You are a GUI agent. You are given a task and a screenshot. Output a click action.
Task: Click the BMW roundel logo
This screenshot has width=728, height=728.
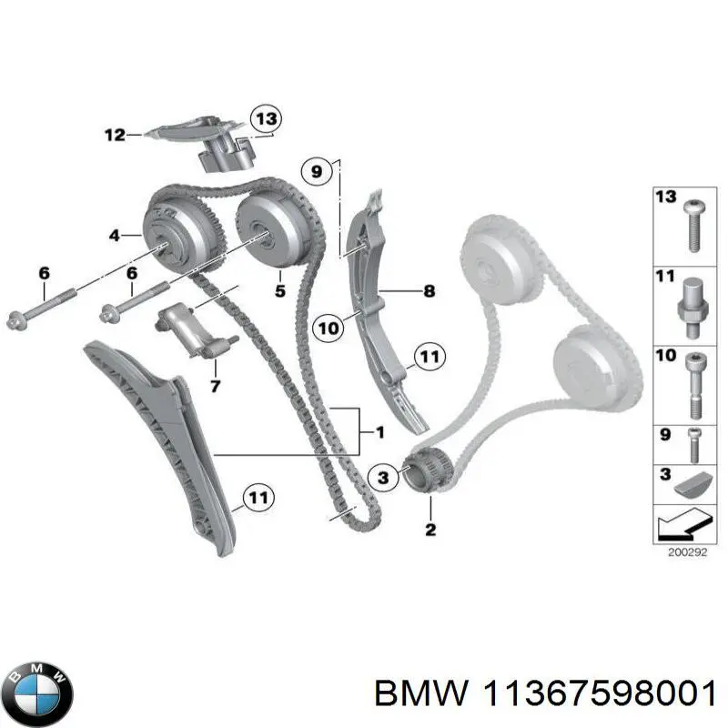click(41, 693)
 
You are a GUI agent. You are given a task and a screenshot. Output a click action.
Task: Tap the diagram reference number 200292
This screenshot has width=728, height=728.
click(687, 552)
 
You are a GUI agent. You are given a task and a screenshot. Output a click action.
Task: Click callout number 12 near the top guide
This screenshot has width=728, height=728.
click(116, 135)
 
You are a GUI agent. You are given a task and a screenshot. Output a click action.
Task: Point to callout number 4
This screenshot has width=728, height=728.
click(115, 236)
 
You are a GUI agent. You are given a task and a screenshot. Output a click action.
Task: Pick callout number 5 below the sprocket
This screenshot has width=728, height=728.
click(280, 291)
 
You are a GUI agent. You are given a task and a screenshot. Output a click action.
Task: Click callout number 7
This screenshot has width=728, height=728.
click(215, 386)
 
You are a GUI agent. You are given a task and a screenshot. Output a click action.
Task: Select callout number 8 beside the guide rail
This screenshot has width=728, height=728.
click(430, 291)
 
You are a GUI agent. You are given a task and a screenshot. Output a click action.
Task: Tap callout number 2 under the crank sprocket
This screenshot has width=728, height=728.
click(430, 530)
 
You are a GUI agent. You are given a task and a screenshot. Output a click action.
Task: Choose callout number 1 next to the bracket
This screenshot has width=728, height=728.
click(380, 432)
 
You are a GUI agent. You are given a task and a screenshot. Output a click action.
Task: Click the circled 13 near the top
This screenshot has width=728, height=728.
click(266, 119)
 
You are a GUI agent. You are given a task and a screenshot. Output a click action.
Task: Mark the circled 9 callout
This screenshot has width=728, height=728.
click(316, 171)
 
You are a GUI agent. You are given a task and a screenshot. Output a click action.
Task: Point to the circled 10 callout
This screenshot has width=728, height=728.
click(329, 329)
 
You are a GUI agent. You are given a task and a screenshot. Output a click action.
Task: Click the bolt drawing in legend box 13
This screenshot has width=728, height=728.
click(694, 226)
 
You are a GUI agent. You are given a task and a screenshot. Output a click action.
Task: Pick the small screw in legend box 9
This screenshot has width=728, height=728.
click(694, 445)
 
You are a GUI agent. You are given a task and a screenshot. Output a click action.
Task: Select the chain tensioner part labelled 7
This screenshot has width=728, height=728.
click(195, 331)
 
